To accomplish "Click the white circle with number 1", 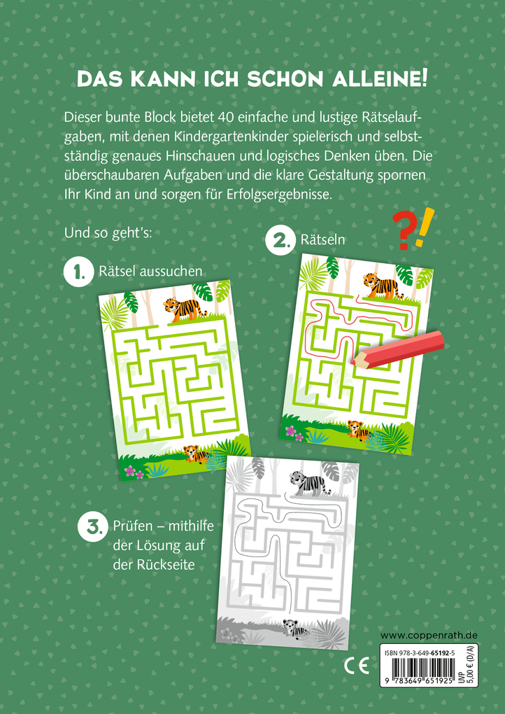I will point(78,272).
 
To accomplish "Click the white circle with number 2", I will point(280,240).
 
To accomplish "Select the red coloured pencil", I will point(396,348).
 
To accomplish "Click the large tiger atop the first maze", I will point(184,308).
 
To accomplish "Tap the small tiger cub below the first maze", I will point(195,454).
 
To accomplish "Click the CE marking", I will point(357,666).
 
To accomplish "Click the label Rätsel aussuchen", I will point(150,272).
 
